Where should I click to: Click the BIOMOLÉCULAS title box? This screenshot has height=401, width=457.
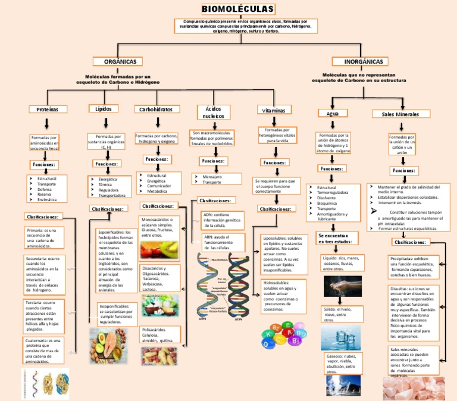pyautogui.click(x=238, y=9)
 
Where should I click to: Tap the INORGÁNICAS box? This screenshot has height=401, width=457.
pyautogui.click(x=364, y=62)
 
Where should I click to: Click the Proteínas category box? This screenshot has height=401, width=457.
pyautogui.click(x=48, y=109)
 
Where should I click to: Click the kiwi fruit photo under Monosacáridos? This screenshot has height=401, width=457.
pyautogui.click(x=159, y=250)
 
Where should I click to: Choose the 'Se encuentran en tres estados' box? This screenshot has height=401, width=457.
pyautogui.click(x=337, y=239)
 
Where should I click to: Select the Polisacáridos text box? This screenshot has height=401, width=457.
pyautogui.click(x=159, y=335)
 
